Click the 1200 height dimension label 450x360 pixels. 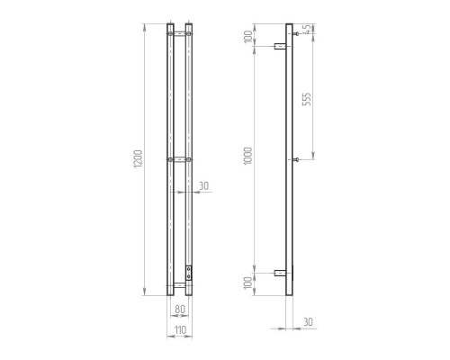138,158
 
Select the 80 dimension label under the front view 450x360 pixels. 180,309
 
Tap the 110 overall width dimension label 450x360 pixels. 180,330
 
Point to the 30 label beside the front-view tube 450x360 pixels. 203,186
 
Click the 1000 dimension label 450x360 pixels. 247,156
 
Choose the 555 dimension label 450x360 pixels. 307,99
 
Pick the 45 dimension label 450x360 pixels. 307,30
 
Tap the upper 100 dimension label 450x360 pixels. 248,37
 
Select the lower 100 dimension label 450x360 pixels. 248,283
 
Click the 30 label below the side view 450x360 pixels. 308,322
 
